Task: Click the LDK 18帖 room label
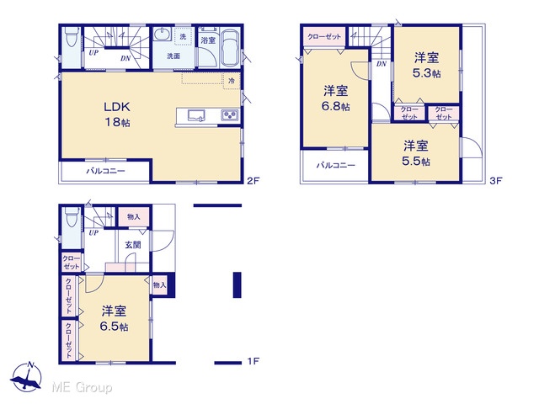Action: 117,114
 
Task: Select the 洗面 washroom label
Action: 173,56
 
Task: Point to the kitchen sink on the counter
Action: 196,115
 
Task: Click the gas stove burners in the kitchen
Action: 230,115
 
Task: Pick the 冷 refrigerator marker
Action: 232,81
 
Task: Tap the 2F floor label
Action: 253,181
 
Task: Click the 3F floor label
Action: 496,181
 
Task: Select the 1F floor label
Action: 253,361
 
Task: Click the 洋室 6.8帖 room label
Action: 336,98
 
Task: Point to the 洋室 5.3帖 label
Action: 427,66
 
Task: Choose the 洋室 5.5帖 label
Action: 416,153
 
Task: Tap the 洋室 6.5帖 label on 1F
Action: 115,319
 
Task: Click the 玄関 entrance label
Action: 133,245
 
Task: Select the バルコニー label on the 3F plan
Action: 336,165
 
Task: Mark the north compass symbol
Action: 26,377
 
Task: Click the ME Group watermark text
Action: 82,388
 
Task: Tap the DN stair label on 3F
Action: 382,64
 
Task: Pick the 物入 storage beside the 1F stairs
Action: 134,217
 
